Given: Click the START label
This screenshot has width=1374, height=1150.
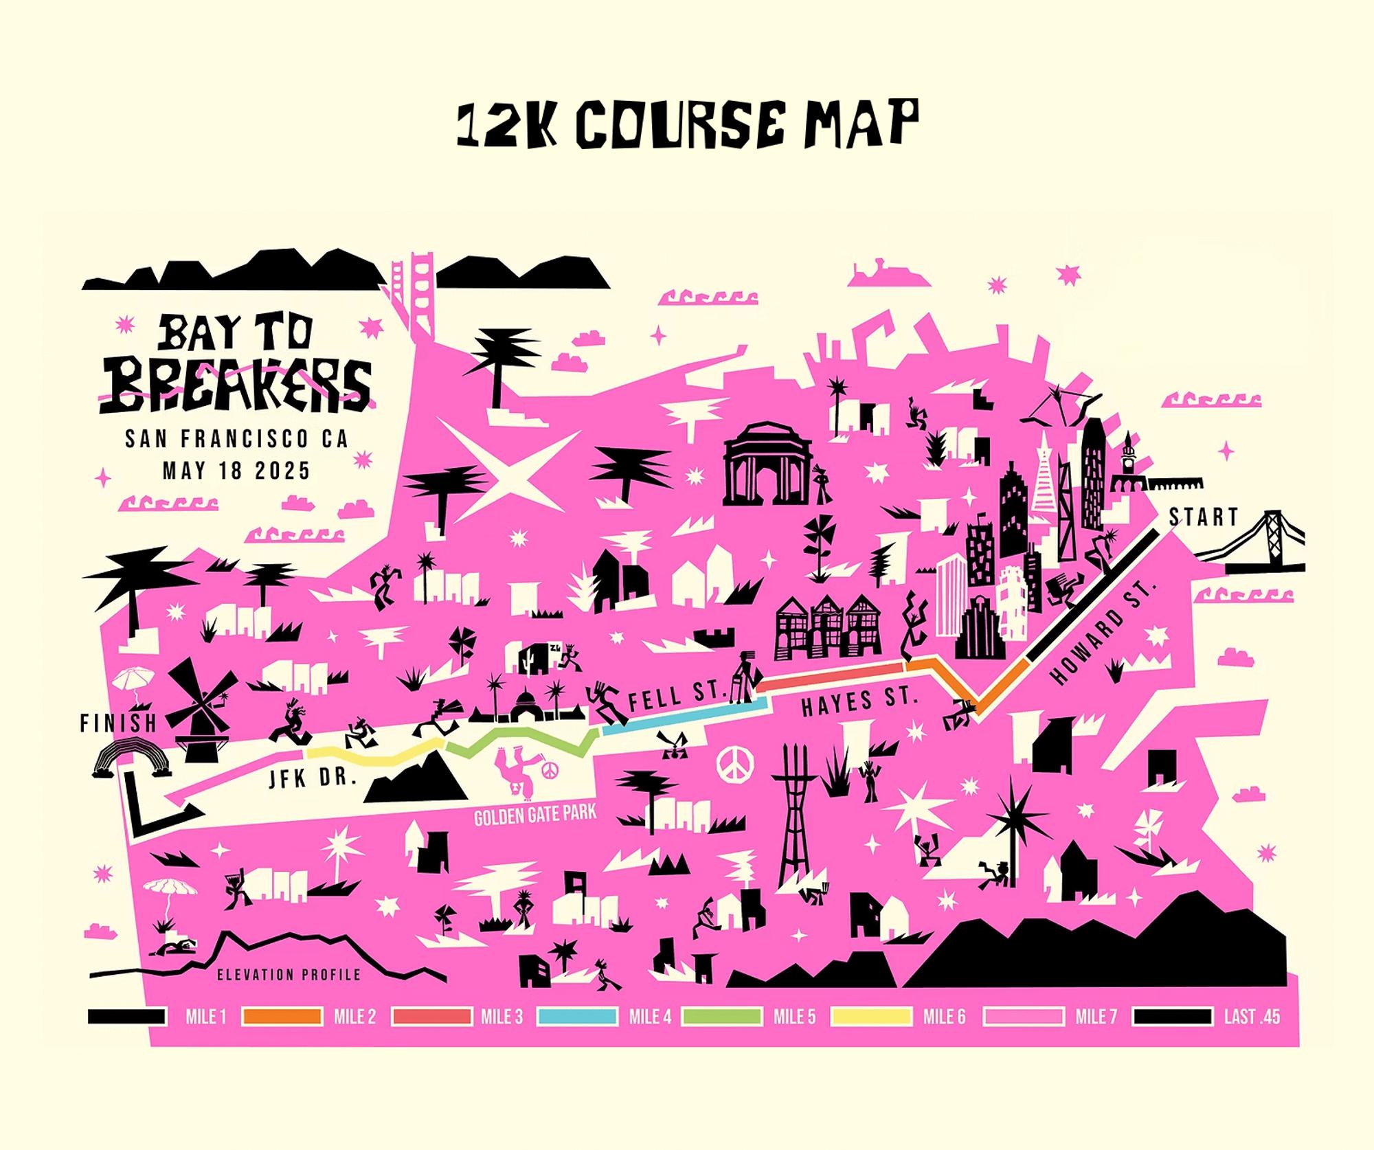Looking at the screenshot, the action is pyautogui.click(x=1203, y=517).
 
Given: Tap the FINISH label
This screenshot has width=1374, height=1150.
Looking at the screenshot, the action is pyautogui.click(x=118, y=723).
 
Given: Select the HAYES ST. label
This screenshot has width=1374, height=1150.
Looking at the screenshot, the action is pyautogui.click(x=859, y=701).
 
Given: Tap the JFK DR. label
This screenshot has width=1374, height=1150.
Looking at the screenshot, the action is pyautogui.click(x=312, y=779).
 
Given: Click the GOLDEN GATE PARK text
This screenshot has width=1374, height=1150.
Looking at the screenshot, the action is pyautogui.click(x=535, y=815).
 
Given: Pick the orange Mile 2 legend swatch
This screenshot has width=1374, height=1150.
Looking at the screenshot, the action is pyautogui.click(x=282, y=1017).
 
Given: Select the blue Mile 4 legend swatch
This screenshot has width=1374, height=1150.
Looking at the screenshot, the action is pyautogui.click(x=577, y=1017).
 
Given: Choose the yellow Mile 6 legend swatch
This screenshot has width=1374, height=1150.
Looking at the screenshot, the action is pyautogui.click(x=870, y=1017).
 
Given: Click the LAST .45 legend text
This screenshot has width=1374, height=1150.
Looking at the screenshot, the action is pyautogui.click(x=1252, y=1017).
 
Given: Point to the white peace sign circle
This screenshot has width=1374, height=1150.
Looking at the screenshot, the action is pyautogui.click(x=735, y=763).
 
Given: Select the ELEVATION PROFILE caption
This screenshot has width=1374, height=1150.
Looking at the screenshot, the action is pyautogui.click(x=289, y=974).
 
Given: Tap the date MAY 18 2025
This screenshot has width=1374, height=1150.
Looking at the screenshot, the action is pyautogui.click(x=236, y=471).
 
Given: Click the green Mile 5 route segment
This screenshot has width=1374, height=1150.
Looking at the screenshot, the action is pyautogui.click(x=522, y=741).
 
